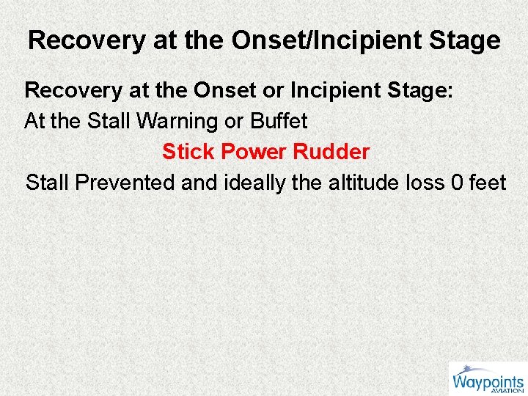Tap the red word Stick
pos(189,152)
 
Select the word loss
pos(425,182)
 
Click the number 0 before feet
pos(457,182)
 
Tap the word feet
pos(487,182)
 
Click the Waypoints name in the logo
pos(487,382)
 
